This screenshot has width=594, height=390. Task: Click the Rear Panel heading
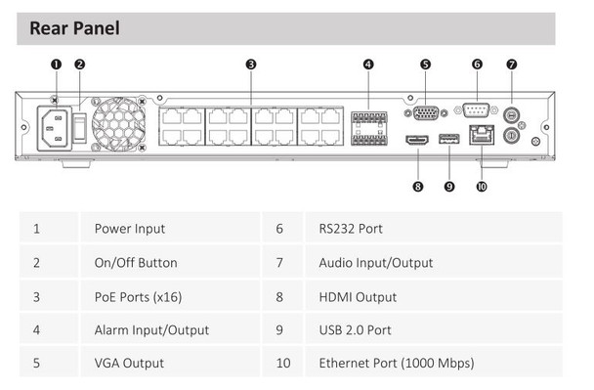pyautogui.click(x=74, y=27)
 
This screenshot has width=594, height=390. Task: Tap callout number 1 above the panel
pyautogui.click(x=56, y=65)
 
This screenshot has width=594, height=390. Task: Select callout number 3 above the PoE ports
pyautogui.click(x=251, y=65)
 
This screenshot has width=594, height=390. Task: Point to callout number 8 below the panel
pyautogui.click(x=417, y=186)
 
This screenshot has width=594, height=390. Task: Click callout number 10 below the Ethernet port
pyautogui.click(x=481, y=186)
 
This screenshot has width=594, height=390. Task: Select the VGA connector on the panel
pyautogui.click(x=425, y=111)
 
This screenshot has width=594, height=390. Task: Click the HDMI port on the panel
pyautogui.click(x=417, y=141)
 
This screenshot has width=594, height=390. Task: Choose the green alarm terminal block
pyautogui.click(x=367, y=126)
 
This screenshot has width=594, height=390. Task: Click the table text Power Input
pyautogui.click(x=129, y=229)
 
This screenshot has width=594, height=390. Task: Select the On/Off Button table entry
pyautogui.click(x=135, y=262)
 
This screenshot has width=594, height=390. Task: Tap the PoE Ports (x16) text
pyautogui.click(x=136, y=296)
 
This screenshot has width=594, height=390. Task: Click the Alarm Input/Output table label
pyautogui.click(x=151, y=329)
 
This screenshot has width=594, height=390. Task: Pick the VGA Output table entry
pyautogui.click(x=129, y=363)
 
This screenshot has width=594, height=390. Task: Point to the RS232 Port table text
pyautogui.click(x=351, y=229)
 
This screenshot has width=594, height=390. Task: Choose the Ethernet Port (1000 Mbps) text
pyautogui.click(x=396, y=363)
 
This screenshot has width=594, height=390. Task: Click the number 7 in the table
pyautogui.click(x=279, y=262)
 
